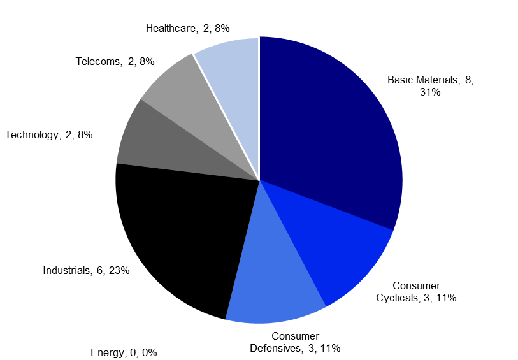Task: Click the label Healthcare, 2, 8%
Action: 187,28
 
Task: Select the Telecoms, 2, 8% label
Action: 115,62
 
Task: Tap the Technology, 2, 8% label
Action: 49,134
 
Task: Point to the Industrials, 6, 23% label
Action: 86,270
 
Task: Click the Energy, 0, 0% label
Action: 124,352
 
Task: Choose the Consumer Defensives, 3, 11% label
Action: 295,342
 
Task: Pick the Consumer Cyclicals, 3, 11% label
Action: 416,291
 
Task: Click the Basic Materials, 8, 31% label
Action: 431,86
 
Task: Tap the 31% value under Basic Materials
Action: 431,92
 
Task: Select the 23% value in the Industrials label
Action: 119,270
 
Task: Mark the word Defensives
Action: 274,348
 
